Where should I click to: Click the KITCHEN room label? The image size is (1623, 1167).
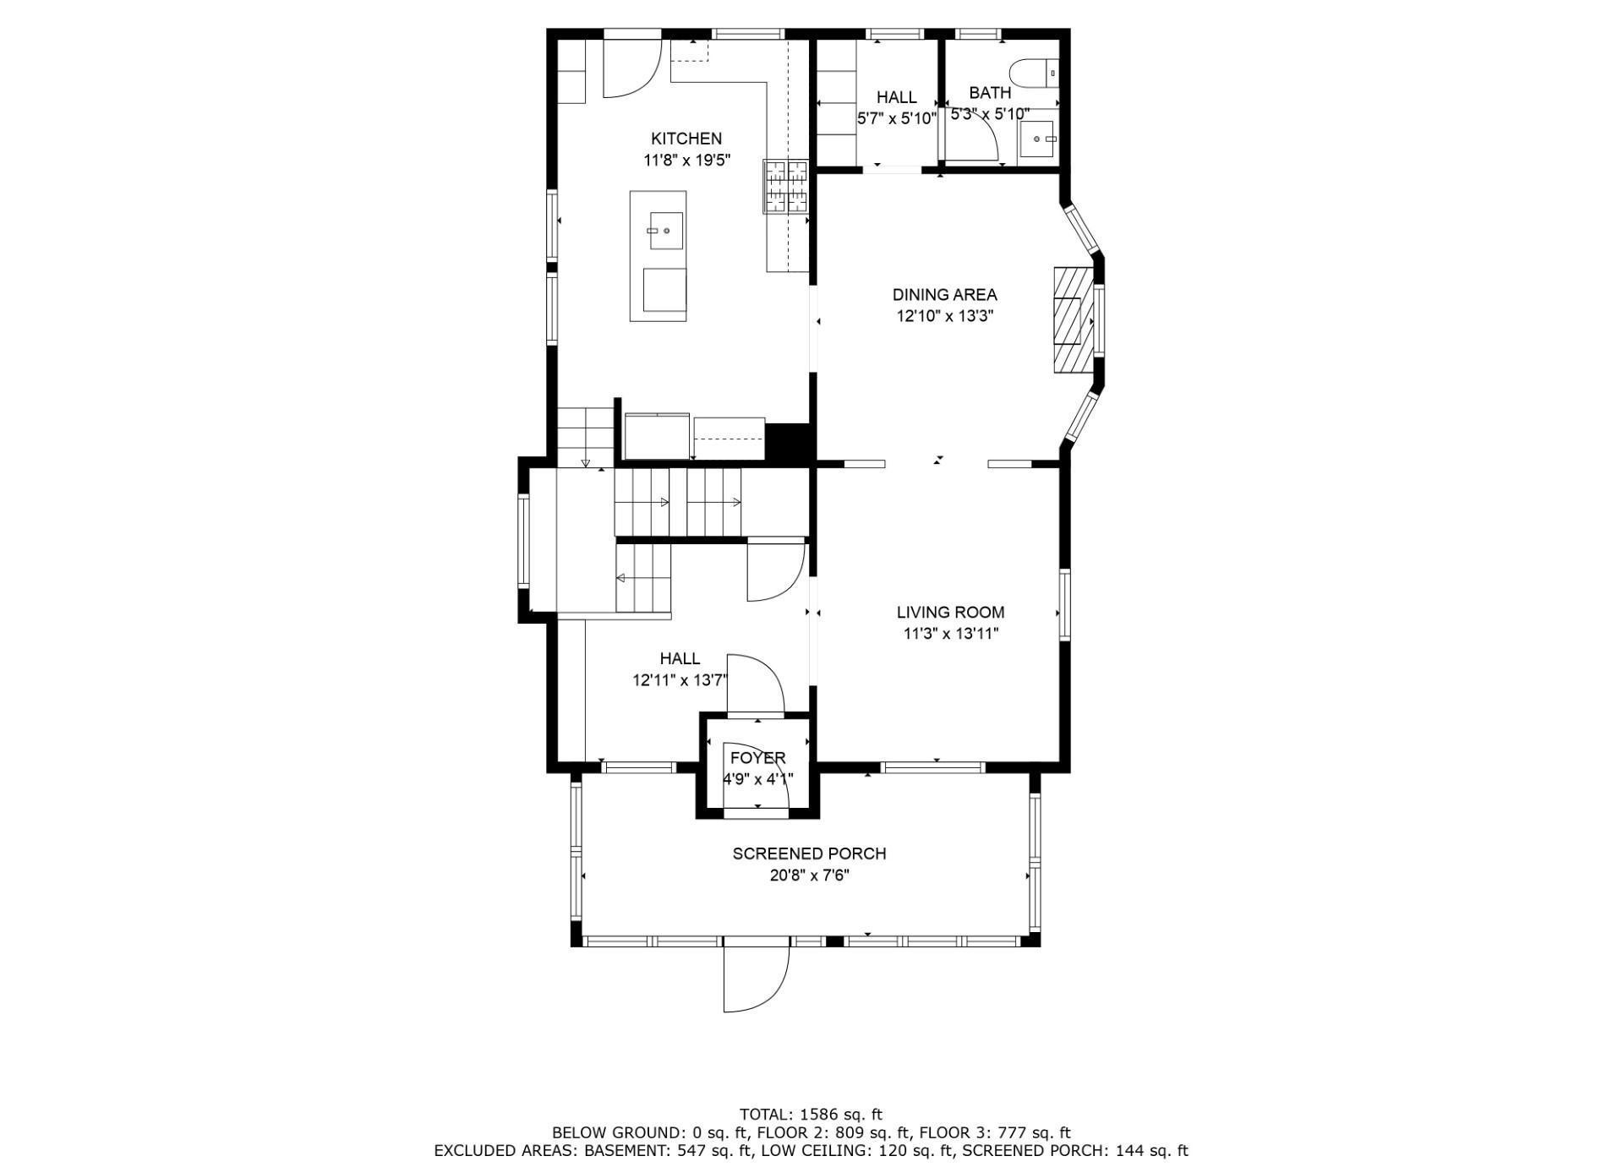coord(686,139)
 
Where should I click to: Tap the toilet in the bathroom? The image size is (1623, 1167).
coord(1033,74)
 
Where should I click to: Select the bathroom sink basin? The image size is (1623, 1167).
coord(1037,139)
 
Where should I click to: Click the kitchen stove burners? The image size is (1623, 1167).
coord(786,185)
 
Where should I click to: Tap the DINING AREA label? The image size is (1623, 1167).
coord(945,295)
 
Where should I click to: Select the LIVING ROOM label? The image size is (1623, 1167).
coord(951,613)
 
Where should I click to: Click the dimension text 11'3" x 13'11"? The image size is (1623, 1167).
coord(951,634)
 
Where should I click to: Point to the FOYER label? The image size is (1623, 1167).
coord(758,758)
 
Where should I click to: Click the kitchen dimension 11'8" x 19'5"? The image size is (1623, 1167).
coord(686,160)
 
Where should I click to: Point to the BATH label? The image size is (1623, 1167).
coord(990,93)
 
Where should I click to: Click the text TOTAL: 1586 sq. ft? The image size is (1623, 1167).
coord(811,1115)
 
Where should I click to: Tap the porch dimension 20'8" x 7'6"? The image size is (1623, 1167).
coord(810,875)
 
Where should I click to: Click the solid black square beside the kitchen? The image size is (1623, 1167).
coord(788,442)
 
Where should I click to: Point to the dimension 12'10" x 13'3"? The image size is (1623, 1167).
coord(945,317)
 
